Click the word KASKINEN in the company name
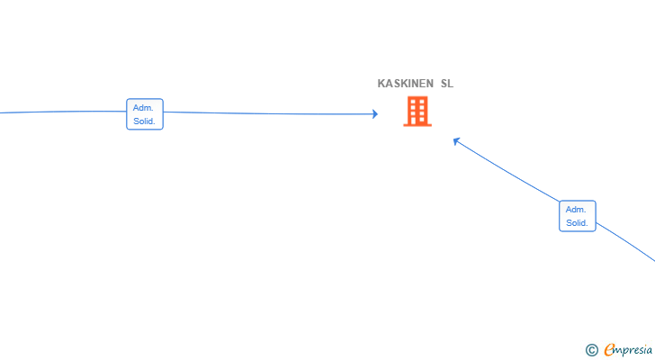[x=405, y=84]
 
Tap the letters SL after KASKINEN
[x=447, y=84]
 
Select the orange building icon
[x=417, y=111]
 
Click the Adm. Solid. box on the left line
[x=145, y=114]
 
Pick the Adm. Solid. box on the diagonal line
[x=578, y=216]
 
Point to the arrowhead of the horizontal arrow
[x=375, y=114]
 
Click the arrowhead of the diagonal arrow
[x=456, y=141]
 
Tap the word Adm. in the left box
[x=143, y=108]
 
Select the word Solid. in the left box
[x=144, y=121]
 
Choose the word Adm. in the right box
[x=576, y=209]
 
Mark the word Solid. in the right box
[x=577, y=223]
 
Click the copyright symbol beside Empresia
[x=591, y=350]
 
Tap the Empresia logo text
[x=628, y=350]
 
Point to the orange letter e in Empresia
[x=608, y=350]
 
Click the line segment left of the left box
[x=63, y=112]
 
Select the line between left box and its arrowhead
[x=269, y=113]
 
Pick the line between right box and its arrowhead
[x=507, y=171]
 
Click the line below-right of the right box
[x=626, y=241]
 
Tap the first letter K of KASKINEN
[x=381, y=84]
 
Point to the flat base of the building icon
[x=417, y=125]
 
